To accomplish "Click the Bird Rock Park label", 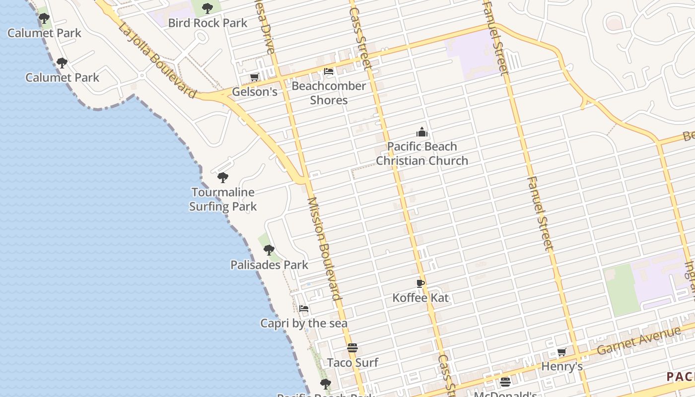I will [x=208, y=23].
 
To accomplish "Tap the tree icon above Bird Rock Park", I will [x=208, y=8].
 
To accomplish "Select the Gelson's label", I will [x=254, y=92].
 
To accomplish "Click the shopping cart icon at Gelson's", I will [x=254, y=77].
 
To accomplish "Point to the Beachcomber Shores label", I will [x=329, y=93].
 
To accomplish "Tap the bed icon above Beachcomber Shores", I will [x=329, y=71].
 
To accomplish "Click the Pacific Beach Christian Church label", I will [x=421, y=153].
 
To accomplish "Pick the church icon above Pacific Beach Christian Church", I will [x=421, y=132].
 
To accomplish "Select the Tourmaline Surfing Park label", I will [x=223, y=199].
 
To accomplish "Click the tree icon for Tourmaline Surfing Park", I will [x=223, y=177].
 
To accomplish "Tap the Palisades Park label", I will [x=269, y=265].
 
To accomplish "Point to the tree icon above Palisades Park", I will [x=269, y=250].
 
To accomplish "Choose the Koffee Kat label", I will [x=420, y=298].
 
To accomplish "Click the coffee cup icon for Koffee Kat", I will [x=420, y=283].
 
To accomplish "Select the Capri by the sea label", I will [x=304, y=324].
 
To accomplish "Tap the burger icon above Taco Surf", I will [x=352, y=348].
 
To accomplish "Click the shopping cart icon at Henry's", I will [x=561, y=352].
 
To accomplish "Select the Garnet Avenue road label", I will [x=639, y=341].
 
